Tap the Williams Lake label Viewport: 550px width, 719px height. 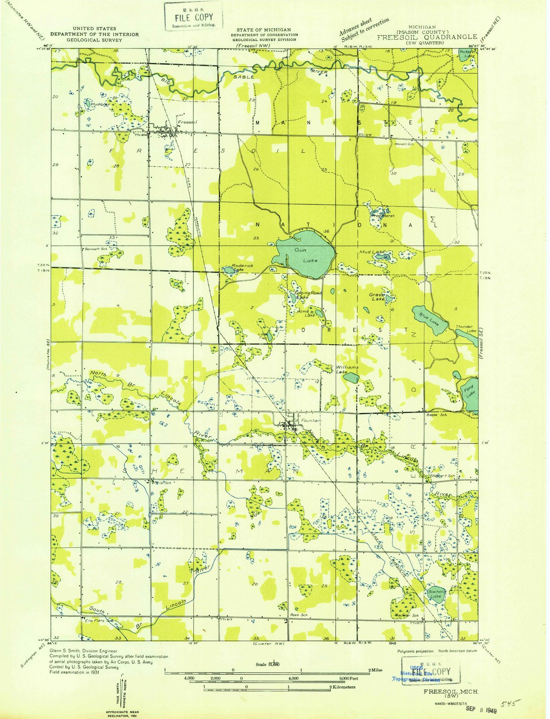pos(347,369)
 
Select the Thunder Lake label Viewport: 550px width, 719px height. pos(466,328)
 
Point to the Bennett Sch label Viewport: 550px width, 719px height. pos(96,249)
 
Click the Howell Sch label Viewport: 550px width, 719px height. pos(404,144)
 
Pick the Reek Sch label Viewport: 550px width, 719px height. pos(298,615)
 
